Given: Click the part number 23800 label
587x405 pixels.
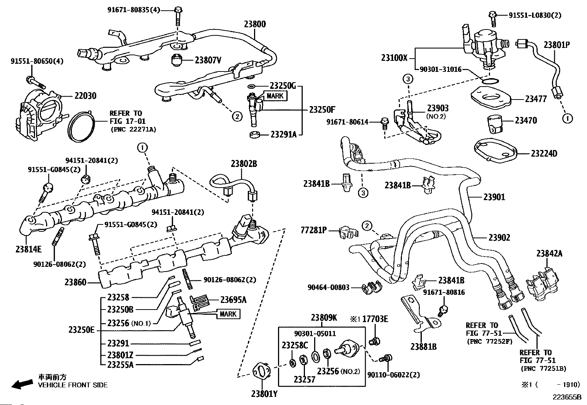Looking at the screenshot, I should coord(254,24).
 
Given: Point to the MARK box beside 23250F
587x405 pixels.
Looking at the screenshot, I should coord(274,96).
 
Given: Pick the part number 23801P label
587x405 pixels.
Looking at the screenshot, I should coord(557,45).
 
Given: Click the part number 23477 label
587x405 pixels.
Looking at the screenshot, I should coord(536,99).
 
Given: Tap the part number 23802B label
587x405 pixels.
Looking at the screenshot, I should coord(244,164).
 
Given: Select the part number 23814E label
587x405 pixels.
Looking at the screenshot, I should coord(28,249).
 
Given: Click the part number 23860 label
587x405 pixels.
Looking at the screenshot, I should coord(75,282).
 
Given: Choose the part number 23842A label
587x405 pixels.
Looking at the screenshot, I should coord(549,254).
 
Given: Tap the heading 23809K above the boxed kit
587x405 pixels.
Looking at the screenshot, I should coord(323,318).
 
